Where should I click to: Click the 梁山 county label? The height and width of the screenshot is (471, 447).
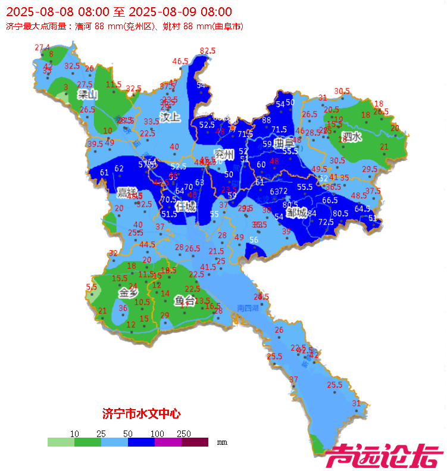87,94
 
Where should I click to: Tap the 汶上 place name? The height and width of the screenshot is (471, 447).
170,117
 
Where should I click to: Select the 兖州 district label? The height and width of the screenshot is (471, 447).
225,154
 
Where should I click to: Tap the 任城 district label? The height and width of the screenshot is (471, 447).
185,206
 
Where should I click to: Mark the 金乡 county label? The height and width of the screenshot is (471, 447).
128,292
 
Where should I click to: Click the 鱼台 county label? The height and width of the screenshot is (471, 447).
185,301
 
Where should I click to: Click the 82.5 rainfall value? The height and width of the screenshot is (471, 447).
207,51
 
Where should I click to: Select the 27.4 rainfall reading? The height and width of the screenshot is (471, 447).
42,48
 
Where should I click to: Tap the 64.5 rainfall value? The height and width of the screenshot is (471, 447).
362,209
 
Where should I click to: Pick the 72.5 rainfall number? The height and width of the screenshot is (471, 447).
326,222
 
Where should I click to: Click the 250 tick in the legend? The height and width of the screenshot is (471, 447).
183,433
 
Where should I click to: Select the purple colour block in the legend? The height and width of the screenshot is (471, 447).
168,442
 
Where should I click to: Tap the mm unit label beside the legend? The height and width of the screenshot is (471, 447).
222,443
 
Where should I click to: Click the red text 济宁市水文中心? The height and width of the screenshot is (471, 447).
141,413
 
